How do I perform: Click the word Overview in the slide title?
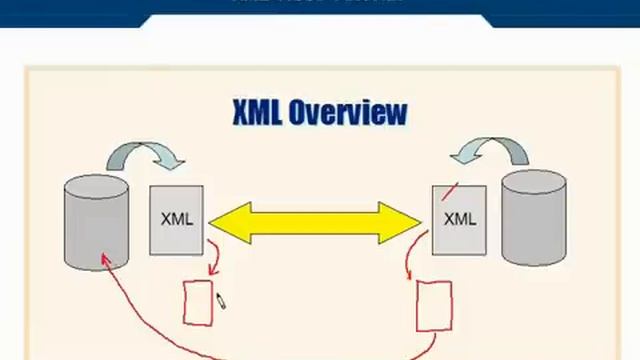click(x=347, y=112)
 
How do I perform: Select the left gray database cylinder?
click(x=96, y=225)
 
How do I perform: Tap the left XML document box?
click(x=176, y=220)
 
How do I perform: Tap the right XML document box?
click(x=459, y=220)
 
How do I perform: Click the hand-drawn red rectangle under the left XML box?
click(x=198, y=303)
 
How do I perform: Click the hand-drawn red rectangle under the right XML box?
click(x=433, y=306)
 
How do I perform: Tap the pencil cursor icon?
click(x=221, y=300)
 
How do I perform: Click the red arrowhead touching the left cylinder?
click(x=103, y=259)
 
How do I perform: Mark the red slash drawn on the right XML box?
click(x=450, y=191)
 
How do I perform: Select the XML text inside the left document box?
click(x=176, y=220)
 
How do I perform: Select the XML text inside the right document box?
click(x=459, y=219)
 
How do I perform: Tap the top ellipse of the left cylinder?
click(x=96, y=186)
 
